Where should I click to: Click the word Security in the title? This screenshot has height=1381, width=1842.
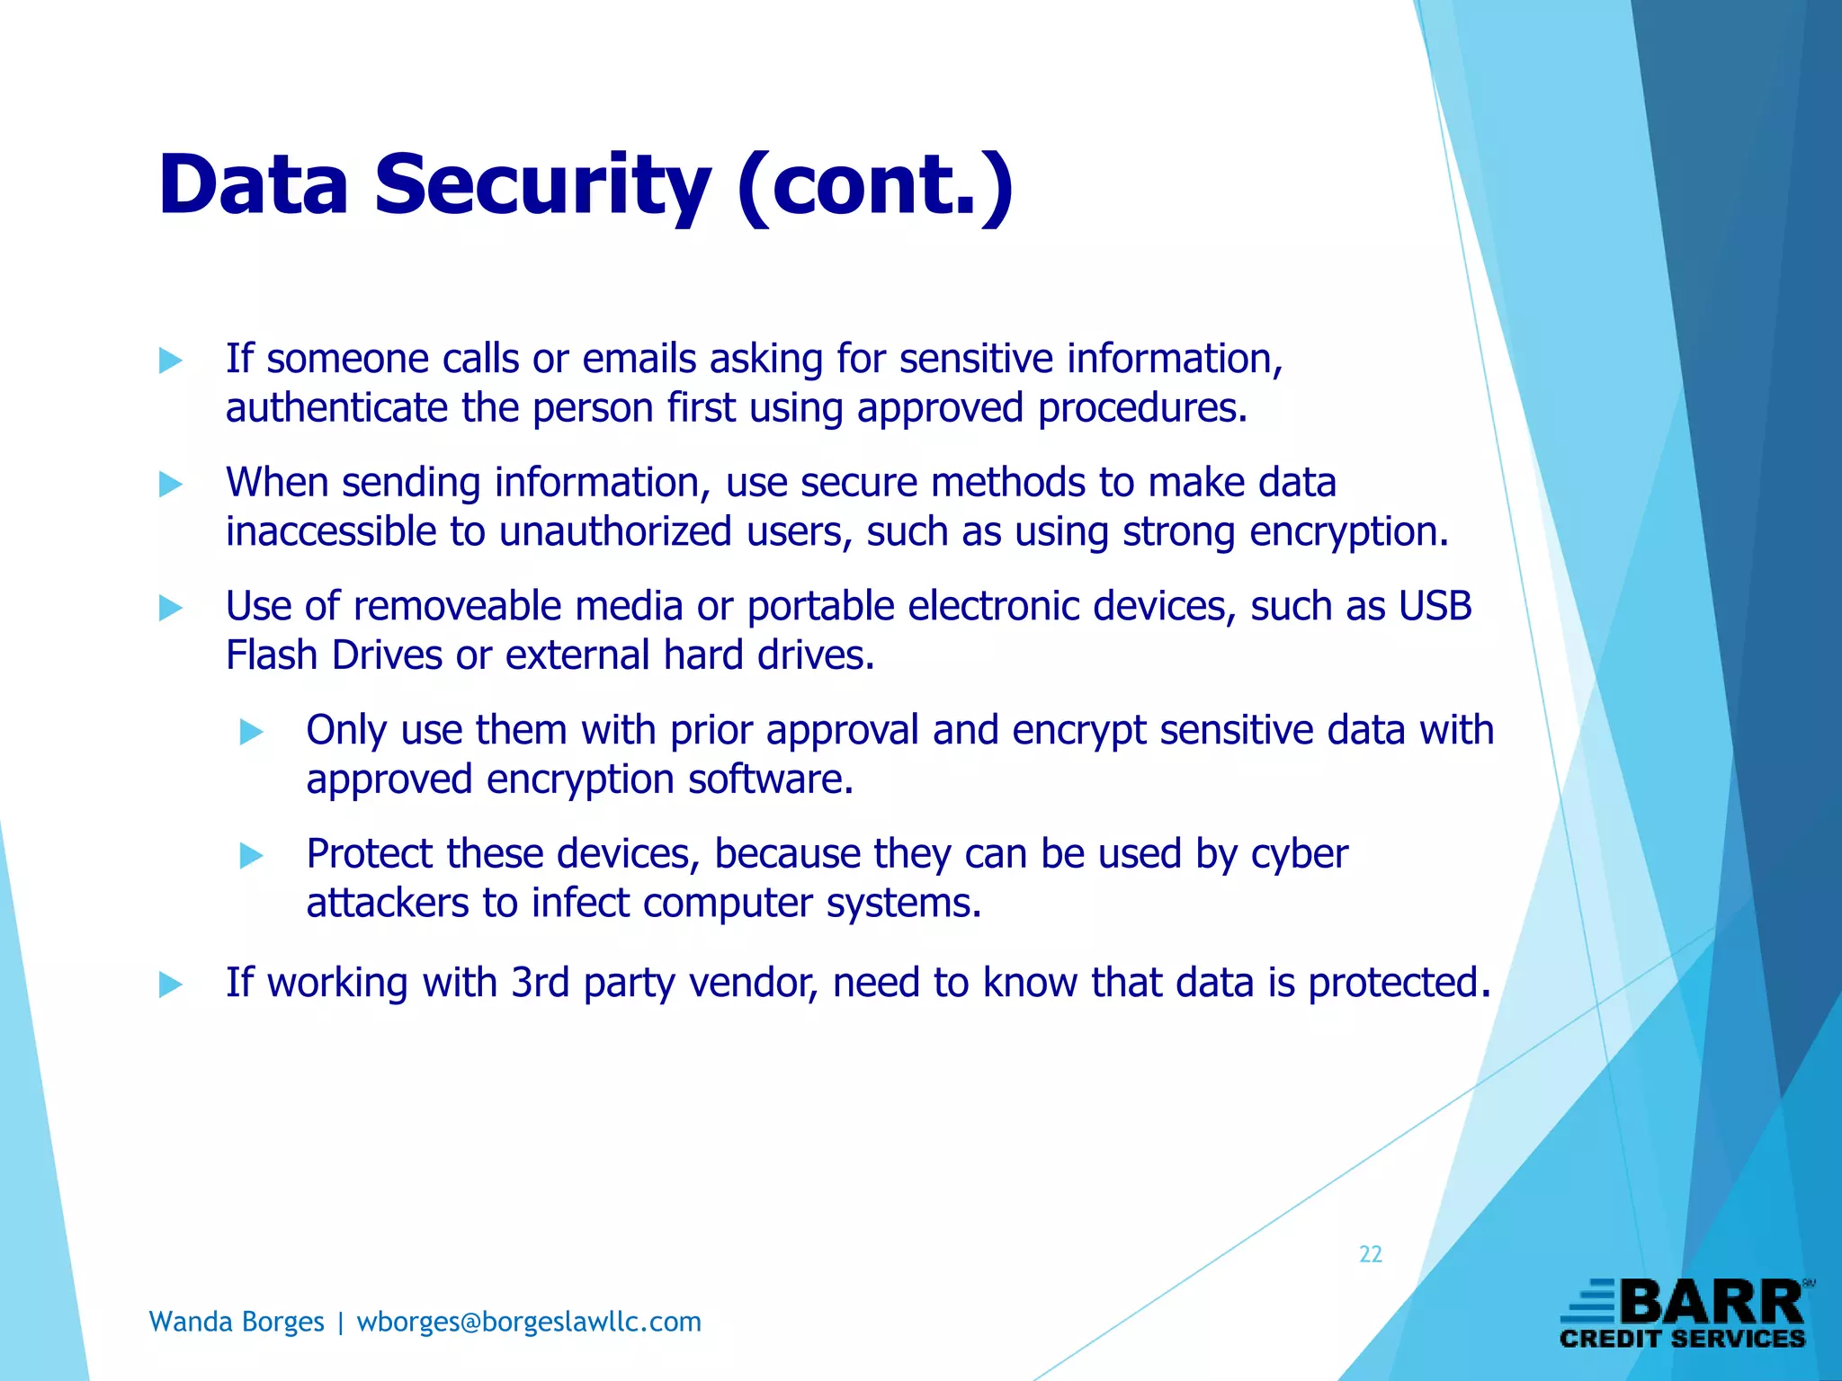[542, 185]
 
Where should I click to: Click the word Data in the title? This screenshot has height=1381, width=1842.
[253, 185]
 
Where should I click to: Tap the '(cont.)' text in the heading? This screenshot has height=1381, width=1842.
[874, 185]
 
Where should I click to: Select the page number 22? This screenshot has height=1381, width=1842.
[1370, 1254]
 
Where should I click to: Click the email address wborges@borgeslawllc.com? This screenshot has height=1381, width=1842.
[529, 1322]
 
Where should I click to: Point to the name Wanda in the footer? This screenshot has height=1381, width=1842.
[187, 1322]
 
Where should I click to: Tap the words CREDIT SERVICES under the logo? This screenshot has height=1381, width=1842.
[1683, 1339]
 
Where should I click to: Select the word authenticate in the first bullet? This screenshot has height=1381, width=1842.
[336, 408]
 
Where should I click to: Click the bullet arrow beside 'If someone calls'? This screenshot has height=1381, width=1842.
[170, 361]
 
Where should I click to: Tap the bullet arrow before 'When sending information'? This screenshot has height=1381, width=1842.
[170, 486]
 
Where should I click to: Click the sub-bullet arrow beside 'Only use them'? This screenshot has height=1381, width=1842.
[251, 733]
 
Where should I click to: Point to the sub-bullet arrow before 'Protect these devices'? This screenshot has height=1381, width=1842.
[251, 856]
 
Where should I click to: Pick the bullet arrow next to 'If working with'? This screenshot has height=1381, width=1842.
[170, 985]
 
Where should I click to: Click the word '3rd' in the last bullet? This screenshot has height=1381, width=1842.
[540, 983]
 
